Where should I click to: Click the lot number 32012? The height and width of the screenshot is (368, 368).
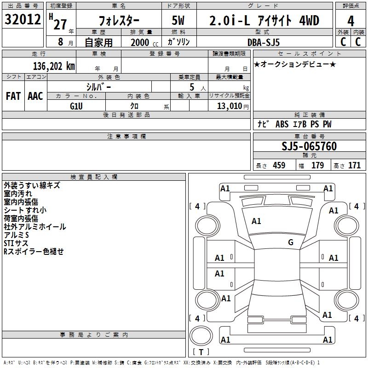click(22, 19)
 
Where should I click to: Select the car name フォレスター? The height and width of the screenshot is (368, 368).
click(120, 20)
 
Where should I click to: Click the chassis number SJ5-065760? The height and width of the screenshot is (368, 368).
click(309, 147)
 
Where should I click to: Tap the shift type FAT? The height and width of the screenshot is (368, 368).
click(13, 96)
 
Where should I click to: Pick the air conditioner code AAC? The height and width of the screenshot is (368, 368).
click(35, 96)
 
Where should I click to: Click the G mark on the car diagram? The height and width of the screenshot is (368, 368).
click(290, 242)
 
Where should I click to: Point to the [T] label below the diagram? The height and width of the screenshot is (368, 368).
click(201, 352)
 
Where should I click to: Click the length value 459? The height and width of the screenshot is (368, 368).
click(279, 166)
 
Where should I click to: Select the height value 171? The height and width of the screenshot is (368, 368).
click(354, 166)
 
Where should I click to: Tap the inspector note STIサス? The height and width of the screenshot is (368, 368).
click(16, 243)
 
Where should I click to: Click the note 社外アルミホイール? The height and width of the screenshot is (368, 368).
click(34, 227)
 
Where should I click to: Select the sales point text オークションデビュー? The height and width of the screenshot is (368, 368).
click(295, 64)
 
